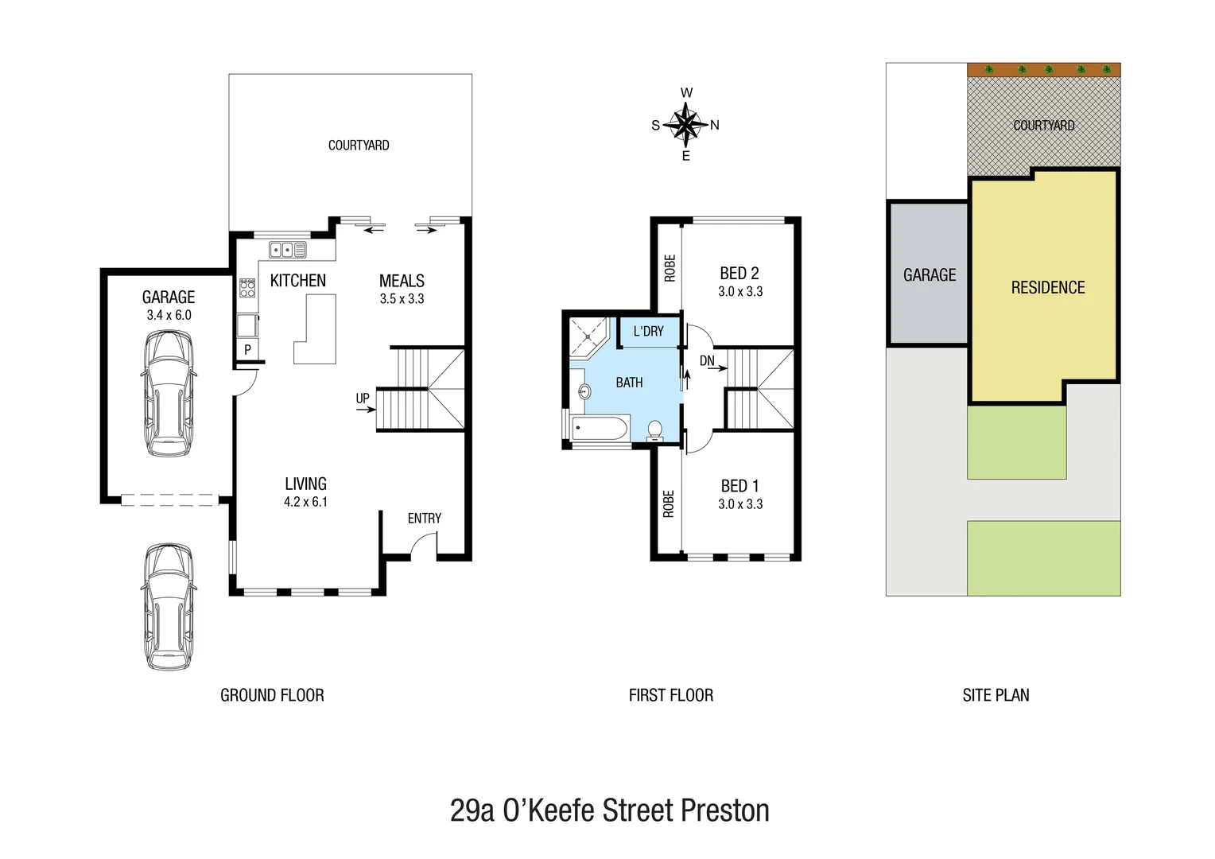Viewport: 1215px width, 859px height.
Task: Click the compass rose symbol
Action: pyautogui.click(x=685, y=125)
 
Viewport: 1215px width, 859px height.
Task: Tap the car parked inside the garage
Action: pyautogui.click(x=168, y=393)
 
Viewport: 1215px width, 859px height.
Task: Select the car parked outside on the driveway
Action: pyautogui.click(x=169, y=606)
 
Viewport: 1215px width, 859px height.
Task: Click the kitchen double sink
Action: pyautogui.click(x=287, y=250)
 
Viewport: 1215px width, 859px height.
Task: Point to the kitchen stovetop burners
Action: pyautogui.click(x=247, y=287)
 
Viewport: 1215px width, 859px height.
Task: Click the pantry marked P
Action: pyautogui.click(x=247, y=349)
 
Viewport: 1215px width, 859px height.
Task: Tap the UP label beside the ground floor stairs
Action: pyautogui.click(x=363, y=398)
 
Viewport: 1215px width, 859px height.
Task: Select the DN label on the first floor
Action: pyautogui.click(x=707, y=361)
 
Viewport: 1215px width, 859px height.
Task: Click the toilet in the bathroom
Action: pyautogui.click(x=655, y=430)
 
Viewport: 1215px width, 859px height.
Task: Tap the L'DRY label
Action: pyautogui.click(x=648, y=332)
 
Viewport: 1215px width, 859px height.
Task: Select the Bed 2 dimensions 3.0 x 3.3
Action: pyautogui.click(x=740, y=292)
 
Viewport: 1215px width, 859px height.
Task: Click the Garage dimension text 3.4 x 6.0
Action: pyautogui.click(x=169, y=315)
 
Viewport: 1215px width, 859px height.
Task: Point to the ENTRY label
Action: pyautogui.click(x=424, y=519)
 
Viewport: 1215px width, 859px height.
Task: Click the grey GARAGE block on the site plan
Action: pyautogui.click(x=928, y=274)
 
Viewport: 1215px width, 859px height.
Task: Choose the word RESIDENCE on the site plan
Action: pyautogui.click(x=1047, y=288)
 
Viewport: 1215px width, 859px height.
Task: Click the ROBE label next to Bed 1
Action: pyautogui.click(x=668, y=503)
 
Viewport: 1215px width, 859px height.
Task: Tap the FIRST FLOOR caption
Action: pyautogui.click(x=670, y=695)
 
